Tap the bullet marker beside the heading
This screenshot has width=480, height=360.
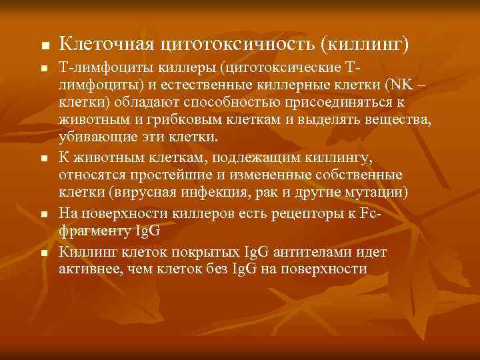tap(44, 47)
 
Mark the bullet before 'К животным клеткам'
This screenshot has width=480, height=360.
tap(44, 159)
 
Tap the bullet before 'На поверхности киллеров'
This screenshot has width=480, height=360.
tap(44, 215)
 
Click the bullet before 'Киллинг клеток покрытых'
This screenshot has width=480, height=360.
tap(44, 254)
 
